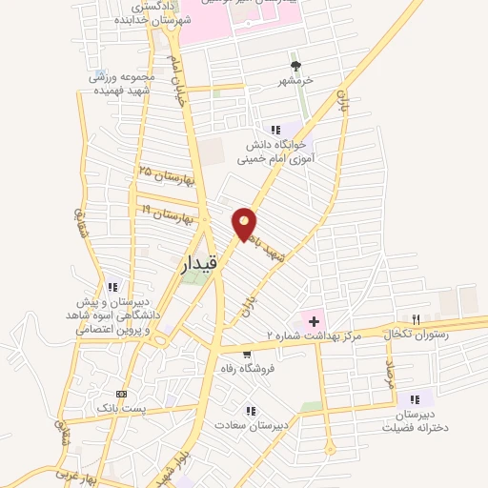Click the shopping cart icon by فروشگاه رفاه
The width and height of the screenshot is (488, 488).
tap(248, 355)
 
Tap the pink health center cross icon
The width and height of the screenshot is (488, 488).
tap(313, 321)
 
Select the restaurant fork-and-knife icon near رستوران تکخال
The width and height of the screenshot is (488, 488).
tap(416, 319)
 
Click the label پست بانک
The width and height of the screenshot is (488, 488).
tap(120, 407)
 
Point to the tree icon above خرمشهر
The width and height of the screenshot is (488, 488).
tap(296, 66)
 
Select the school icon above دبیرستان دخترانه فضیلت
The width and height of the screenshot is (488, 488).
tap(415, 399)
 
